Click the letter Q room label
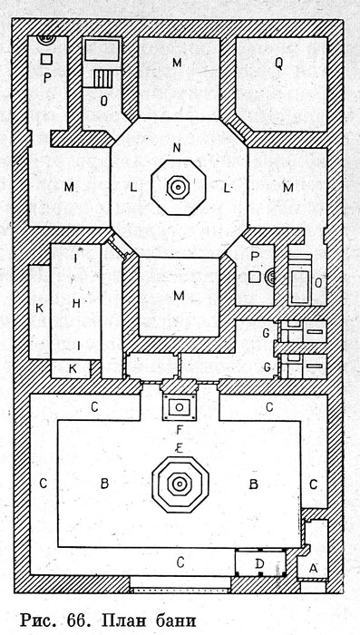[x=278, y=64]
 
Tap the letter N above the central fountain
[x=177, y=148]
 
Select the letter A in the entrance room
[x=313, y=569]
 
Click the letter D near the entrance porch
[x=260, y=563]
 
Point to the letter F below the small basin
[x=180, y=430]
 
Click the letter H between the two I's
[x=76, y=303]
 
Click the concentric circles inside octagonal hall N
[x=177, y=187]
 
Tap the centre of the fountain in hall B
[x=179, y=484]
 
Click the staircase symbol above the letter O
[x=102, y=79]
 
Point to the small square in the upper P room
[x=46, y=59]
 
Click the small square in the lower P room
[x=254, y=277]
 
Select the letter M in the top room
[x=177, y=63]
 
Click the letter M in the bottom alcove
[x=179, y=296]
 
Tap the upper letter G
[x=266, y=334]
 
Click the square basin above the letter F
[x=179, y=406]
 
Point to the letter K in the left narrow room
[x=39, y=308]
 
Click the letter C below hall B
[x=180, y=562]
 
